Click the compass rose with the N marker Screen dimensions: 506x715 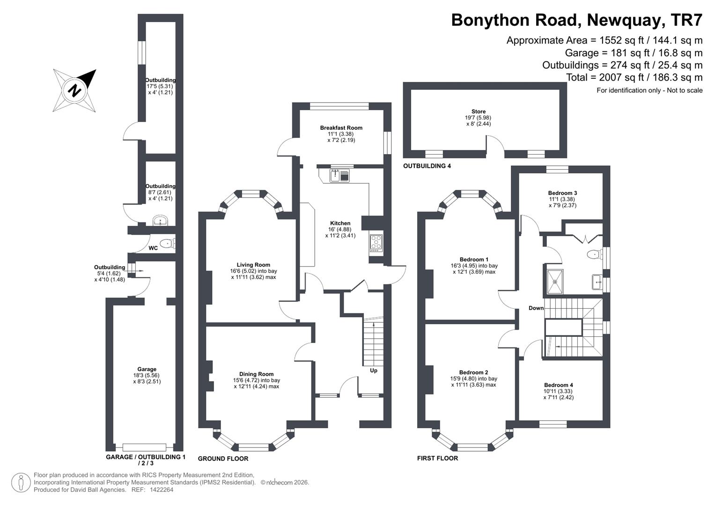pyautogui.click(x=74, y=90)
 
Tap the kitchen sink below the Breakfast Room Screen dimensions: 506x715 pyautogui.click(x=340, y=176)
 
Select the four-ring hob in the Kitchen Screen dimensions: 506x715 pyautogui.click(x=376, y=243)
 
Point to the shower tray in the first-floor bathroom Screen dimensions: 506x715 pyautogui.click(x=555, y=282)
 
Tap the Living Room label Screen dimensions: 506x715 pyautogui.click(x=253, y=265)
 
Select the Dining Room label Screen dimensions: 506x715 pyautogui.click(x=256, y=374)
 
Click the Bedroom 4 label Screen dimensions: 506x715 pyautogui.click(x=558, y=385)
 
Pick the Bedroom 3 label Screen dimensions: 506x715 pyautogui.click(x=562, y=193)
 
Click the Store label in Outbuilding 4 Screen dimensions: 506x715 pyautogui.click(x=479, y=112)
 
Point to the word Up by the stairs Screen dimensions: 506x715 pyautogui.click(x=374, y=370)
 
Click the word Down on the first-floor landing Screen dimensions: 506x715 pyautogui.click(x=536, y=308)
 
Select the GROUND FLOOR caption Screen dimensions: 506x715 pyautogui.click(x=223, y=458)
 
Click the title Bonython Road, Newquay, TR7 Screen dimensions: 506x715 pyautogui.click(x=576, y=20)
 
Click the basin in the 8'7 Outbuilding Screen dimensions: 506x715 pyautogui.click(x=161, y=221)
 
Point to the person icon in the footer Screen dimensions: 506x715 pyautogui.click(x=21, y=483)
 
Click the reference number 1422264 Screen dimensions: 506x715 pyautogui.click(x=162, y=490)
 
